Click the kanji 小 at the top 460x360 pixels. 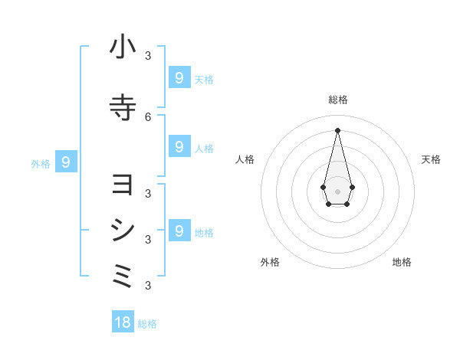point(123,47)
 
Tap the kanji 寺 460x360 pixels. point(123,108)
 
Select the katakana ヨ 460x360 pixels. point(123,185)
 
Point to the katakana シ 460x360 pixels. point(123,231)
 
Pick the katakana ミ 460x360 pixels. point(123,276)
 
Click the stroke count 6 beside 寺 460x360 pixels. point(148,116)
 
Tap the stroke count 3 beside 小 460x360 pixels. point(148,55)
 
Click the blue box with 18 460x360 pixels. point(123,322)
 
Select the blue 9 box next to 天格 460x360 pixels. point(179,77)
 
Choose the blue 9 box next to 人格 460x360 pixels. point(179,146)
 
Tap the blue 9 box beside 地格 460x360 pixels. point(179,231)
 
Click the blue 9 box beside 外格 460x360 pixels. point(66,162)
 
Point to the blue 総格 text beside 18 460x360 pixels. point(147,324)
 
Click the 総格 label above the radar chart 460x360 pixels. point(337,100)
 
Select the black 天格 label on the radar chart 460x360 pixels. point(432,159)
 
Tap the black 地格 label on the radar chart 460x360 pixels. point(402,262)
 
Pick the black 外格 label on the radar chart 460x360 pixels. point(270,262)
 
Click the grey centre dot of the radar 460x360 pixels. point(337,191)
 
